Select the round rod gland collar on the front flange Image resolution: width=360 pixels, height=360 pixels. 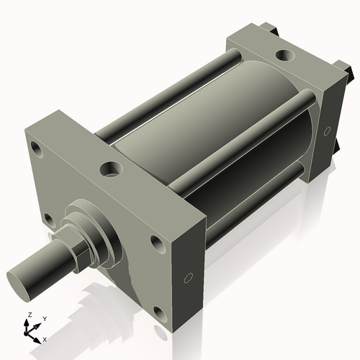pyautogui.click(x=98, y=226)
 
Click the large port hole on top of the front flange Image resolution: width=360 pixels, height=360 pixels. pyautogui.click(x=110, y=170)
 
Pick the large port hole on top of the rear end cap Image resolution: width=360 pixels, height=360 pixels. pyautogui.click(x=285, y=55)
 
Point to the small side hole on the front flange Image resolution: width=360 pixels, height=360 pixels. pyautogui.click(x=189, y=279)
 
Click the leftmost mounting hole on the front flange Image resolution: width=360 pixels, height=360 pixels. pyautogui.click(x=35, y=150)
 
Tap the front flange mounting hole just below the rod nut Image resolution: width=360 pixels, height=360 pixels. pyautogui.click(x=49, y=218)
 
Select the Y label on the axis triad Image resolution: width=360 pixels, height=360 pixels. pyautogui.click(x=44, y=318)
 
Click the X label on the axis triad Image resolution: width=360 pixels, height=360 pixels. pyautogui.click(x=45, y=338)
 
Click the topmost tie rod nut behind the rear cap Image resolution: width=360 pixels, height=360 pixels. pyautogui.click(x=273, y=29)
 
